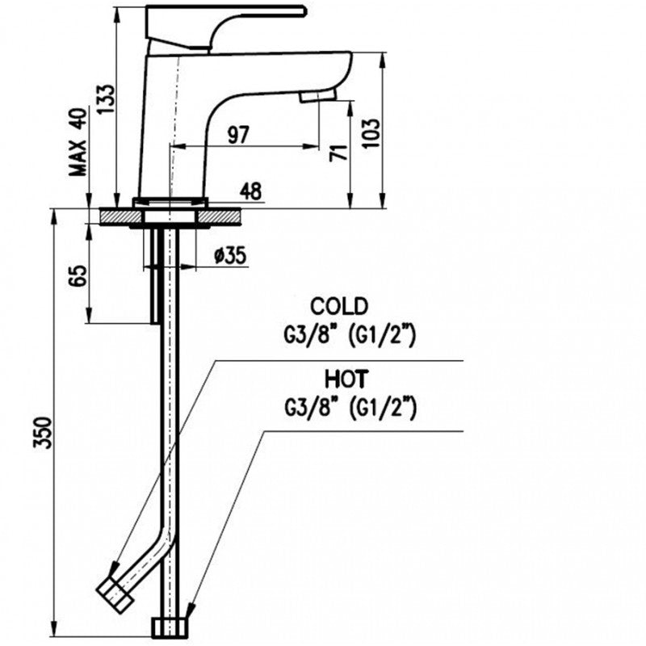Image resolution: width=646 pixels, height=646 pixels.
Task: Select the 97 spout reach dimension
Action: [x=237, y=135]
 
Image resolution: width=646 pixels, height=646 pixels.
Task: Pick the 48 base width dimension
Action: [x=251, y=191]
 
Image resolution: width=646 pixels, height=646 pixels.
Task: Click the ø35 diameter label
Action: [x=231, y=256]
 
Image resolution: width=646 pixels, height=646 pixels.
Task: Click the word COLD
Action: [x=339, y=306]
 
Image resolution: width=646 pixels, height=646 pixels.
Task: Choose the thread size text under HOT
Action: [x=350, y=409]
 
